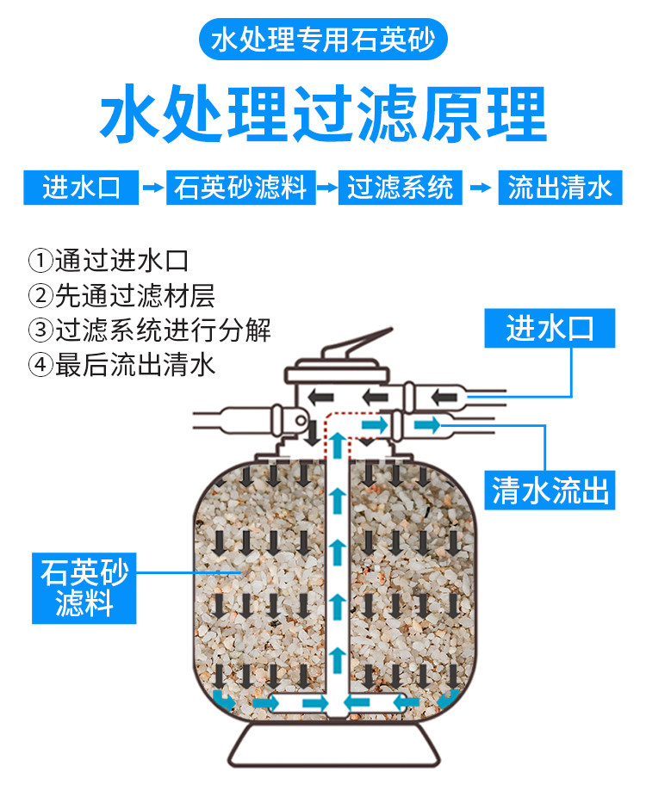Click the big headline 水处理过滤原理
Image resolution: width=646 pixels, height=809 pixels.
323,114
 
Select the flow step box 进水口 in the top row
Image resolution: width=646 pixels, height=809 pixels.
79,187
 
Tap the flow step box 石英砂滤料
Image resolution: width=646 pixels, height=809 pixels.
240,187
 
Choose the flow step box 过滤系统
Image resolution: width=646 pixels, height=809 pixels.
401,187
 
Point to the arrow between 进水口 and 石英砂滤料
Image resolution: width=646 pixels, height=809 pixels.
152,187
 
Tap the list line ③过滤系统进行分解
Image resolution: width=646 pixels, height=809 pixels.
149,330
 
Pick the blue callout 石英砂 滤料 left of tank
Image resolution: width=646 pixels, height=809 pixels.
84,589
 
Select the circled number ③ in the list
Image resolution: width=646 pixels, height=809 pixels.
40,330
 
